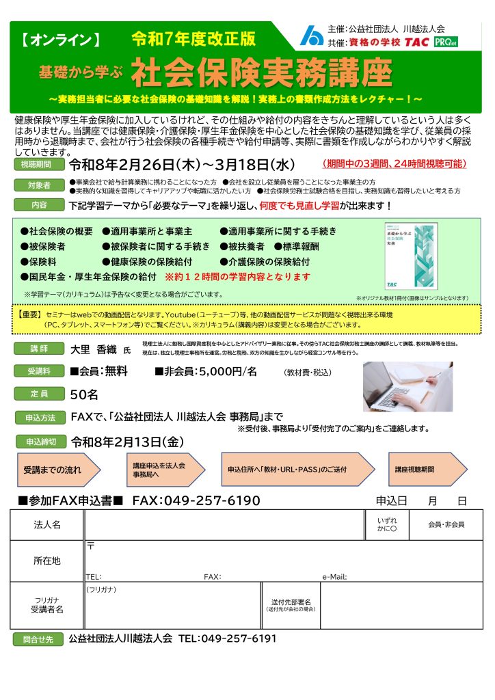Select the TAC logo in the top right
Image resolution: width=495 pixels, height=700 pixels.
(418, 42)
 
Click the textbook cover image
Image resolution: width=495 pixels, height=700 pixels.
(410, 256)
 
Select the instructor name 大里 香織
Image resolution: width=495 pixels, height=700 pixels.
(95, 349)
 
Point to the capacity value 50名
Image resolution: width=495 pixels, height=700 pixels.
(85, 394)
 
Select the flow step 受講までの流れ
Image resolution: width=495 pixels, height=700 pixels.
(53, 470)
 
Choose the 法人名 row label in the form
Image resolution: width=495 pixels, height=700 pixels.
(47, 524)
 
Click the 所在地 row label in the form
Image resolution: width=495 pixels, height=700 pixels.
(47, 561)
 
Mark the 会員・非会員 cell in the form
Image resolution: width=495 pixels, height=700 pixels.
(446, 524)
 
